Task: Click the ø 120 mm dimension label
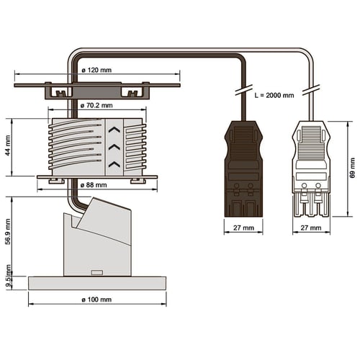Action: tap(96, 70)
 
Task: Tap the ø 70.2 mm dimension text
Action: tap(96, 105)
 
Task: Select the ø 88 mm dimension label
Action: tap(94, 185)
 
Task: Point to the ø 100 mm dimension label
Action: tap(96, 300)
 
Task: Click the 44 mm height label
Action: tap(8, 145)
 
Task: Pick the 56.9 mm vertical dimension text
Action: tap(8, 231)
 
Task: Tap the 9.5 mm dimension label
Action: tap(9, 276)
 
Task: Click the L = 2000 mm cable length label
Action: tap(274, 96)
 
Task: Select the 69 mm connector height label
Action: tap(352, 168)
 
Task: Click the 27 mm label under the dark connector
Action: tap(243, 228)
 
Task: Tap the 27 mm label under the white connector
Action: tap(311, 228)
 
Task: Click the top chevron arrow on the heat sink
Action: tap(114, 130)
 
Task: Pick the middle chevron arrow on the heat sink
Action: tap(114, 147)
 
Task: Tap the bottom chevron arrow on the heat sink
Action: tap(114, 164)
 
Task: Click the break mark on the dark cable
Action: tap(243, 90)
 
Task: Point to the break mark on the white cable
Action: tap(311, 90)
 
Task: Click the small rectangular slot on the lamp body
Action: tap(97, 273)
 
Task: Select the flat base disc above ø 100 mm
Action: tap(97, 283)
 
